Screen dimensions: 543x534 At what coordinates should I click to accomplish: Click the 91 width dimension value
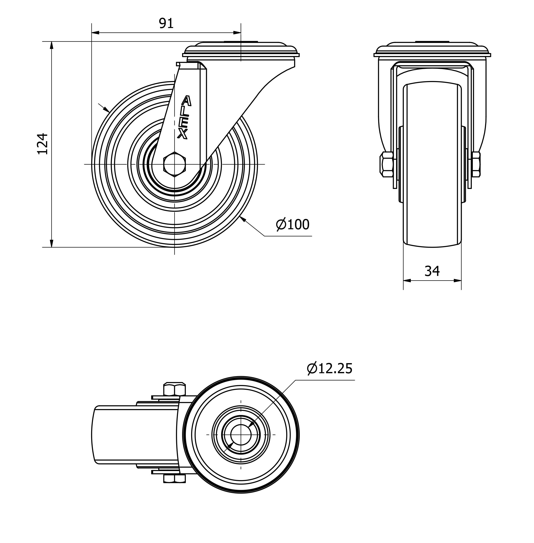pyautogui.click(x=166, y=24)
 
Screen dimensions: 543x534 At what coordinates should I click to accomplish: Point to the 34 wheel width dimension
pyautogui.click(x=432, y=271)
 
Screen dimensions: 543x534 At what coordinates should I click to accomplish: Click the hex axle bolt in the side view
pyautogui.click(x=174, y=164)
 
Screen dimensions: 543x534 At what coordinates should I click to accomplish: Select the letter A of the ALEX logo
pyautogui.click(x=187, y=101)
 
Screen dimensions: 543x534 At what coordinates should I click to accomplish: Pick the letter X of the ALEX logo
pyautogui.click(x=183, y=134)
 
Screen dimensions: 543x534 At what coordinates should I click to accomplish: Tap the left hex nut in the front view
pyautogui.click(x=387, y=164)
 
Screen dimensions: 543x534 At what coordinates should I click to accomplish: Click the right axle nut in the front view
pyautogui.click(x=476, y=164)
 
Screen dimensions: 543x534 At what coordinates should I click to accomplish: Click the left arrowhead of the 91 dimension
pyautogui.click(x=95, y=33)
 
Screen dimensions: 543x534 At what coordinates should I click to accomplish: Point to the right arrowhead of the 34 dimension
pyautogui.click(x=457, y=281)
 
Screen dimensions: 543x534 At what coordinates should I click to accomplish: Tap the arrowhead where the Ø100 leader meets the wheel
pyautogui.click(x=243, y=219)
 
